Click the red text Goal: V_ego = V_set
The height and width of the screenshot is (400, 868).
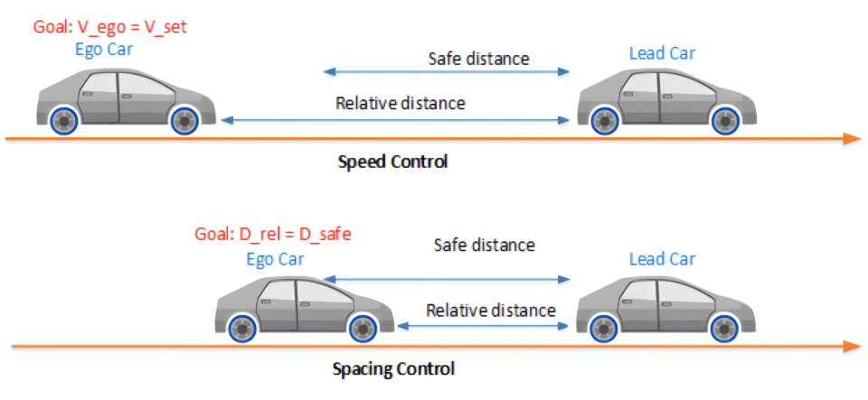tap(108, 27)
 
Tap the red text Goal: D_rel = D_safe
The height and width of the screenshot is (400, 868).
tap(272, 235)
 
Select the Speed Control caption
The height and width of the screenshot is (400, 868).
tap(392, 163)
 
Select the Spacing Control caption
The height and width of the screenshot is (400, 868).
tap(393, 369)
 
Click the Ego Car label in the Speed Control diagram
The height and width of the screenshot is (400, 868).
tap(104, 50)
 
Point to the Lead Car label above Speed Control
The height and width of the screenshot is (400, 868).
tap(662, 53)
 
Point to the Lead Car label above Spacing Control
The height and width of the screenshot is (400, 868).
tap(662, 259)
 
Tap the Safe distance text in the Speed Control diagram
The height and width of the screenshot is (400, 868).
tap(478, 60)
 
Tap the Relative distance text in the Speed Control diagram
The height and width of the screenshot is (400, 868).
tap(401, 103)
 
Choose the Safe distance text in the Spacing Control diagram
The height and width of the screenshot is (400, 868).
tap(484, 245)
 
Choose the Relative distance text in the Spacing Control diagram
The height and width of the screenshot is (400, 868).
tap(491, 311)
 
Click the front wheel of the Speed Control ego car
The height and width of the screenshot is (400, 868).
tap(184, 119)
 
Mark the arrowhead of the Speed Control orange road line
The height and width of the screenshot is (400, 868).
tap(850, 138)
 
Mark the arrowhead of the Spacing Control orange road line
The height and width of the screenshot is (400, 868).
tap(850, 346)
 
